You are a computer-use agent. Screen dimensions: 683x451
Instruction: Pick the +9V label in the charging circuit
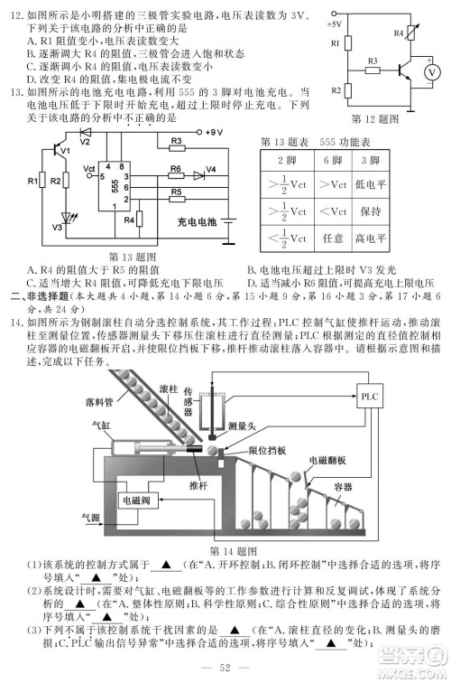click(x=212, y=133)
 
